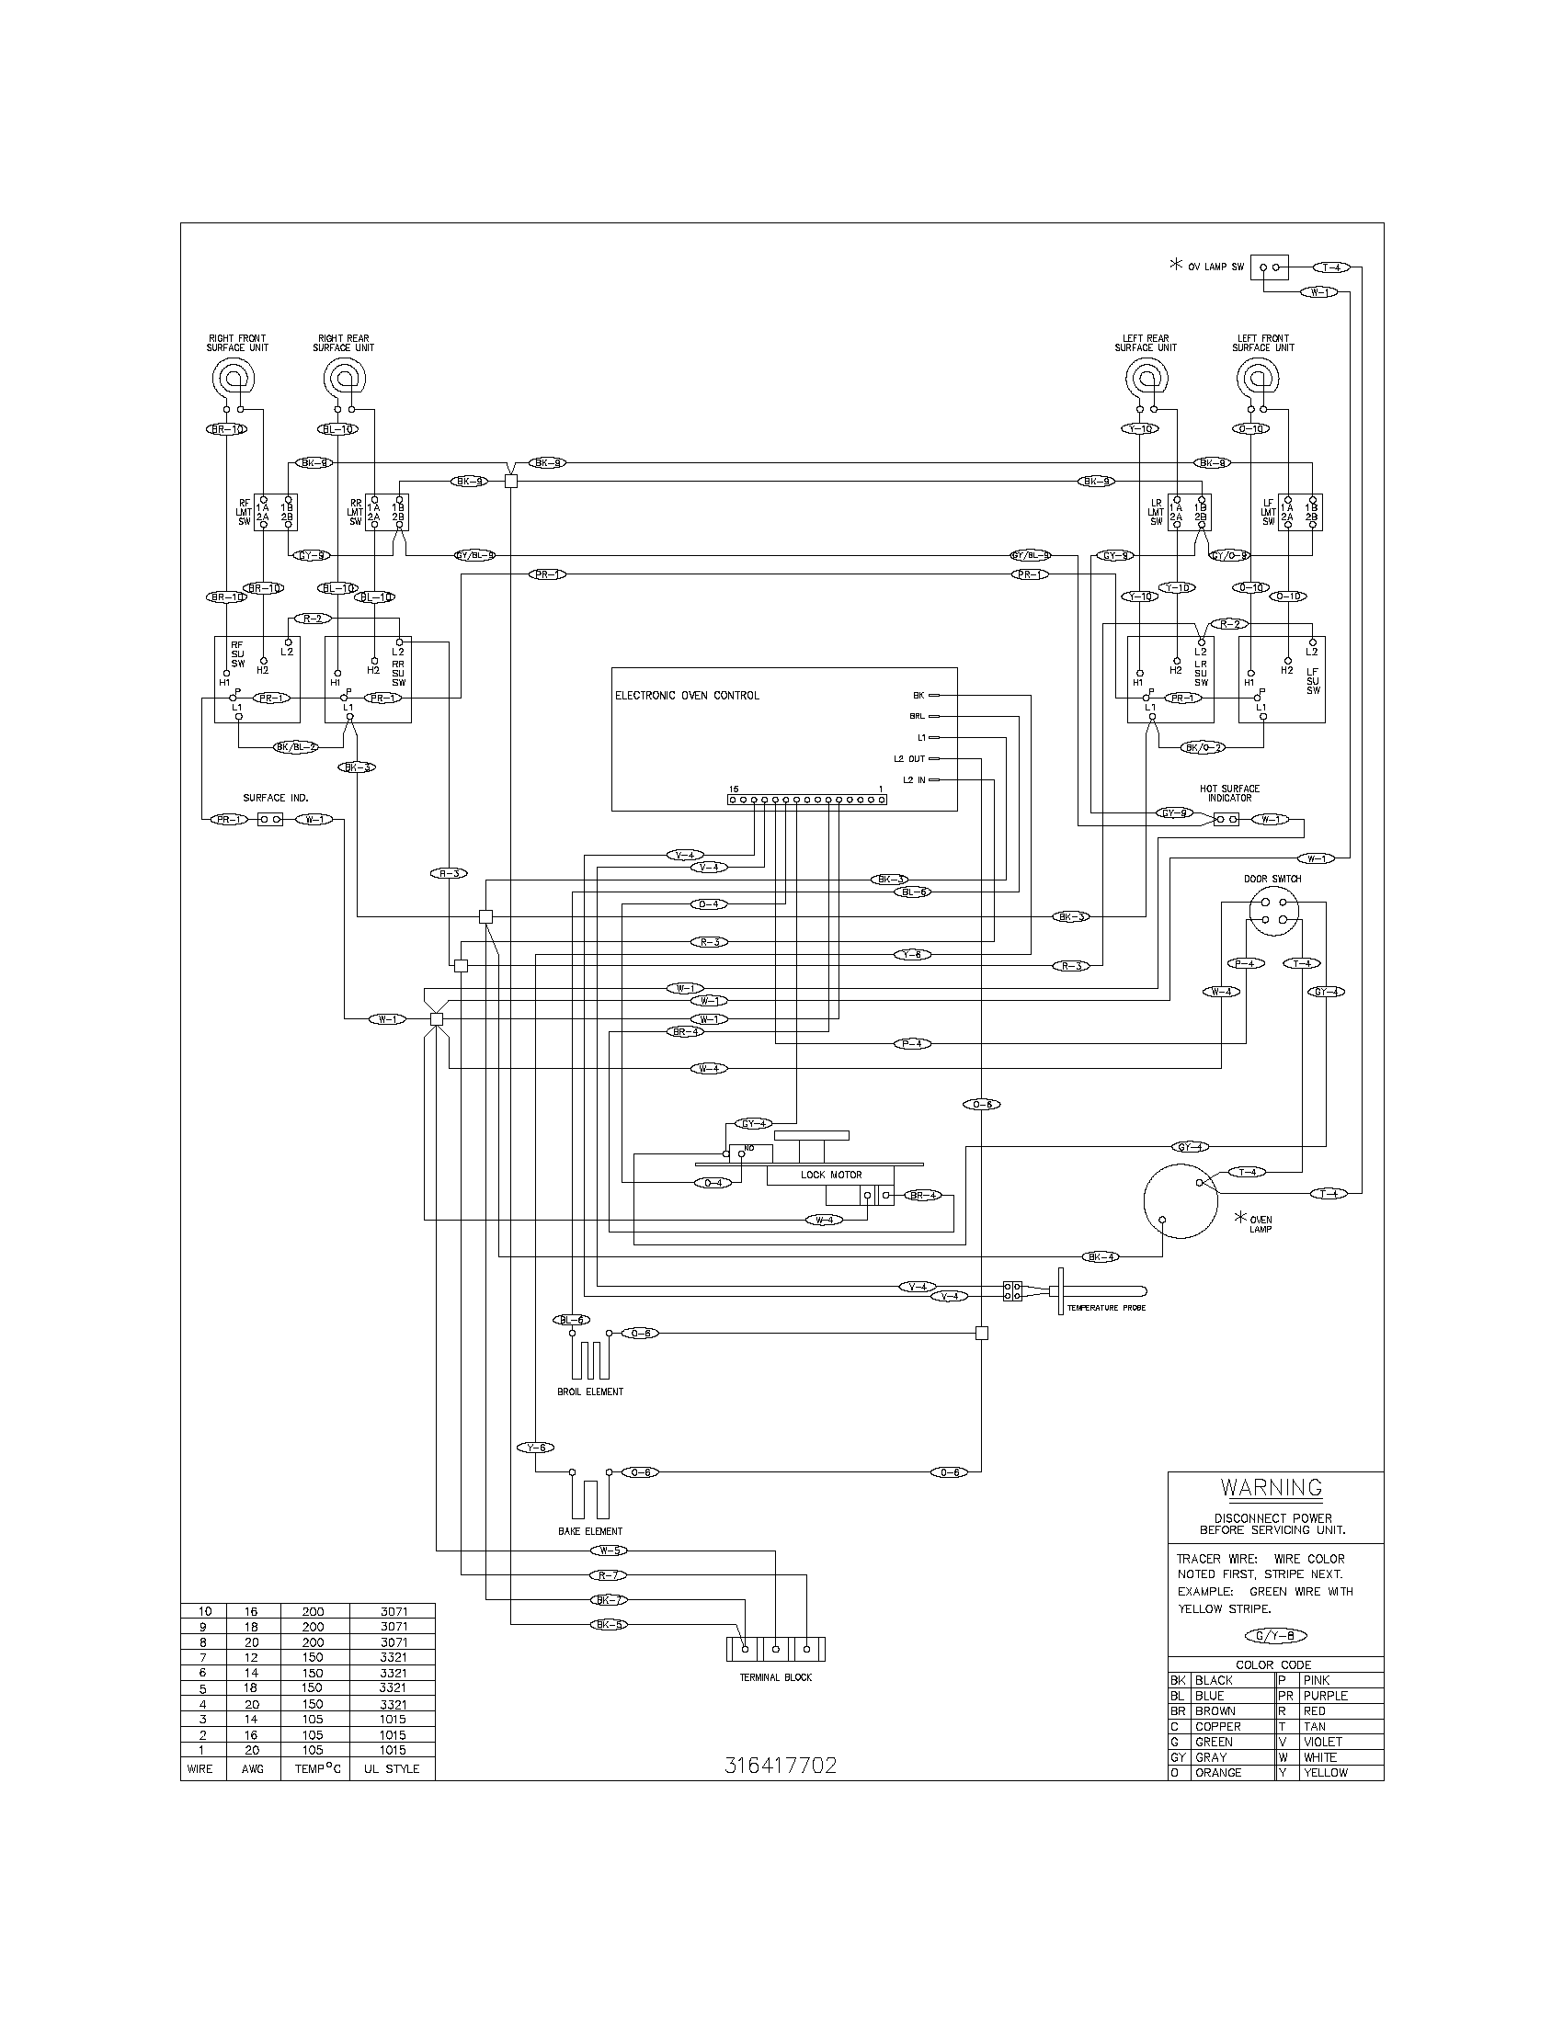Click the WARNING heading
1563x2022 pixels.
tap(1272, 1487)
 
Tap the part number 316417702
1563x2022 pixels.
tap(781, 1766)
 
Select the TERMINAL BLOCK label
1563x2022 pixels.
tap(775, 1676)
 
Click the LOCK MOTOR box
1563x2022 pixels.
tap(830, 1175)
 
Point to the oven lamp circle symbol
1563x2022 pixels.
tap(1179, 1201)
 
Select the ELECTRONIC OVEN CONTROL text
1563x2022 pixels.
tap(687, 696)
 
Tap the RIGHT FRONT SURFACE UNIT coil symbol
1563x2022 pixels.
tap(232, 379)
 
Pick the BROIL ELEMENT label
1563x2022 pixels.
tap(591, 1392)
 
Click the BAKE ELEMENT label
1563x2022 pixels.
tap(590, 1531)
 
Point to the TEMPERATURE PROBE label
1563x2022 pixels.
tap(1105, 1308)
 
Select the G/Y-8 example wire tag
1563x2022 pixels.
tap(1275, 1636)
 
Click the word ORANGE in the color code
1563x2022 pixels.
tap(1217, 1772)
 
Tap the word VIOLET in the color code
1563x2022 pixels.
tap(1322, 1742)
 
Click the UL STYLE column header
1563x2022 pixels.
tap(393, 1768)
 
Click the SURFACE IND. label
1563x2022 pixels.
tap(275, 797)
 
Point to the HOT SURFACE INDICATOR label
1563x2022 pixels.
tap(1228, 793)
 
